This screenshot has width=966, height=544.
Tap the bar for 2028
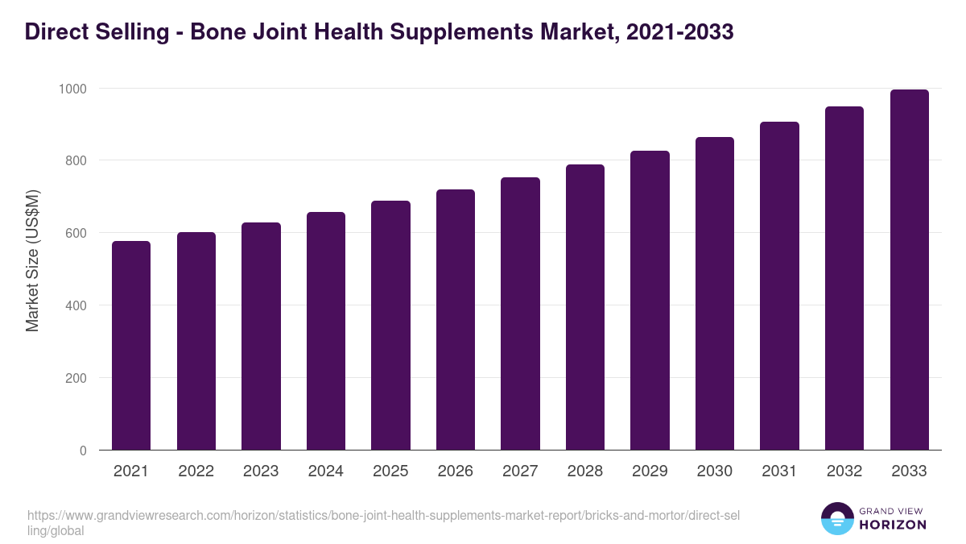584,307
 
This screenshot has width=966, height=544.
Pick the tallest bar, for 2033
909,270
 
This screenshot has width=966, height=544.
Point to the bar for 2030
714,293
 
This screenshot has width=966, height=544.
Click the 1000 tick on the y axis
72,88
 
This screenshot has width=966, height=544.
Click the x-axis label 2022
196,471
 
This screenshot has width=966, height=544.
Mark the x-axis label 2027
520,471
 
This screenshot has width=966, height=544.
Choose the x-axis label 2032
844,471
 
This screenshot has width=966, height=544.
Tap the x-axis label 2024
325,471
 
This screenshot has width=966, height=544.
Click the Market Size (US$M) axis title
32,260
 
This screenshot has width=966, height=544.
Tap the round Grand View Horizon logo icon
836,519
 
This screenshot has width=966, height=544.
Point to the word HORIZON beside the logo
894,525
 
